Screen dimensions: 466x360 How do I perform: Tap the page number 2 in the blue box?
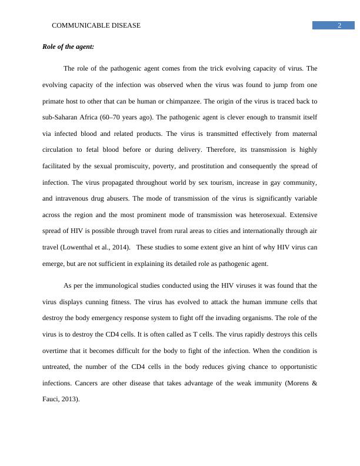tap(340, 25)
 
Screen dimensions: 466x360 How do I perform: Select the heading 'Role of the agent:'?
tap(68, 46)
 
